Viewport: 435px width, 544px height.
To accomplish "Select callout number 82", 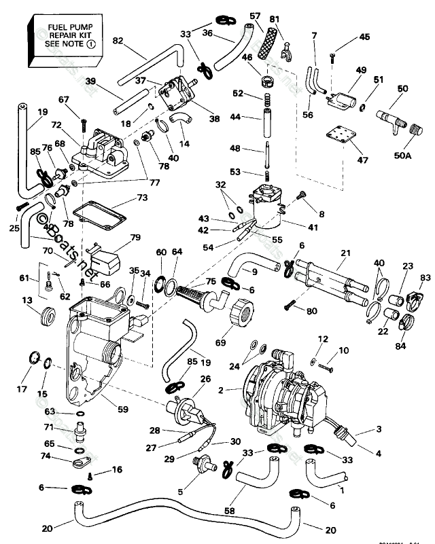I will tap(118, 41).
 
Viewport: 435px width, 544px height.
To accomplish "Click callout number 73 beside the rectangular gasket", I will tap(141, 198).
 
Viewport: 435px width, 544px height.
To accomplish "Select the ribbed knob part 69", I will tap(244, 314).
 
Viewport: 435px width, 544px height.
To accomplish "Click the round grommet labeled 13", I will tap(48, 317).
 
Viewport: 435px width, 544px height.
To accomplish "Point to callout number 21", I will tap(345, 253).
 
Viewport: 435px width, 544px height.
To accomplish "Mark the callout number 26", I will tap(204, 379).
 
